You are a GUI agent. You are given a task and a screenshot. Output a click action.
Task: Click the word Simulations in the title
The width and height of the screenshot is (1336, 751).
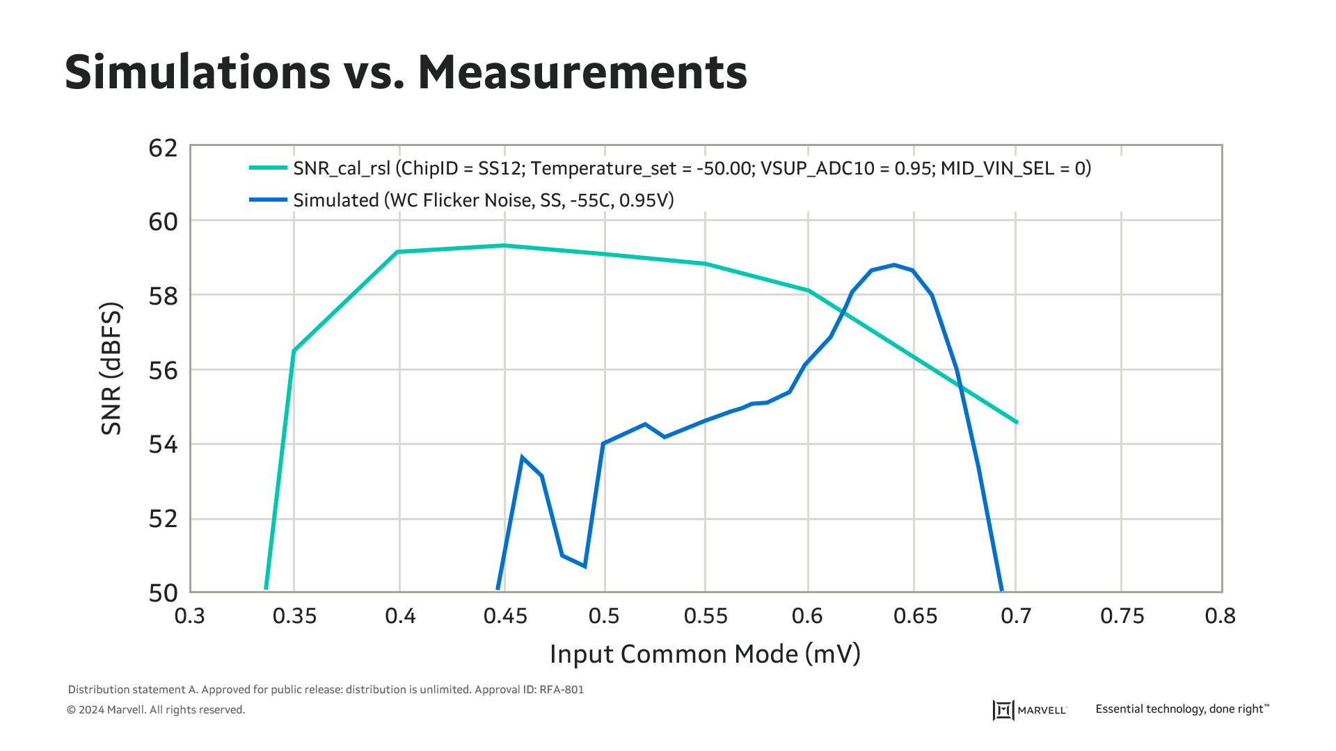[x=198, y=72]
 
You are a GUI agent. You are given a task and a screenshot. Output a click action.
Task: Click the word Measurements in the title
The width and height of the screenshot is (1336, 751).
[x=582, y=72]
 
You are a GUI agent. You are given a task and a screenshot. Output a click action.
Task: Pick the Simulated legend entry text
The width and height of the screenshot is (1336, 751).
[x=483, y=200]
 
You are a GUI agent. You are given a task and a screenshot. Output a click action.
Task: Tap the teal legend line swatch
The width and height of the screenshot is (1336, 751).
[x=268, y=168]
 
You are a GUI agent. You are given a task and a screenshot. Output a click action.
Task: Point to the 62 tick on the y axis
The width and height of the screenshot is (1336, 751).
[x=164, y=148]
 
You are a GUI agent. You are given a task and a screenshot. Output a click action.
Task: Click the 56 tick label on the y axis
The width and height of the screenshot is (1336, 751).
[x=164, y=371]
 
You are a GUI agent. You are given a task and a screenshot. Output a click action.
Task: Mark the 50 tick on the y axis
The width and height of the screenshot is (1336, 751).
[x=164, y=593]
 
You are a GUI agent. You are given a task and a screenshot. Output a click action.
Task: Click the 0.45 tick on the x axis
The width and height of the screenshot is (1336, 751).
[x=505, y=616]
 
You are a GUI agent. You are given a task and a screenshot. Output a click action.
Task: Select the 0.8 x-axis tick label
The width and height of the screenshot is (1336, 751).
[x=1220, y=616]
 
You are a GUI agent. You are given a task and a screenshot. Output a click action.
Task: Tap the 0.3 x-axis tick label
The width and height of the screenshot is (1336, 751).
[x=190, y=616]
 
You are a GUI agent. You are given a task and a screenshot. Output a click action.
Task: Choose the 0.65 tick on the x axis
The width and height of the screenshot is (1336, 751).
[x=915, y=616]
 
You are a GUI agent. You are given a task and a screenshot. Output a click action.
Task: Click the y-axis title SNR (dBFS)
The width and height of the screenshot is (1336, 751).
[x=111, y=369]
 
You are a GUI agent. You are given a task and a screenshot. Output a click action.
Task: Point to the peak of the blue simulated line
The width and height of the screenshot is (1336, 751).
[x=894, y=265]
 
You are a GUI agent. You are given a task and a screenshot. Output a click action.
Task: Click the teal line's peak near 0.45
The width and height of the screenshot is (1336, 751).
[x=504, y=245]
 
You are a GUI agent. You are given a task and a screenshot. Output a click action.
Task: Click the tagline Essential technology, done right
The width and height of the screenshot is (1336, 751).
[x=1182, y=709]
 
